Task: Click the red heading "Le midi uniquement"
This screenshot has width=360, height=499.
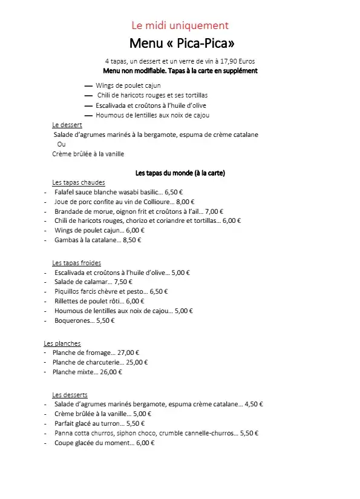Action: [x=180, y=25]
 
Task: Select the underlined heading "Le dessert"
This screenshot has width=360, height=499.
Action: [x=67, y=125]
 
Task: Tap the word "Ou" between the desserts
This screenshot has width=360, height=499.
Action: [x=61, y=144]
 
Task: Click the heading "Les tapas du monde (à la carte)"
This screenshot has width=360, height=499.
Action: [x=180, y=173]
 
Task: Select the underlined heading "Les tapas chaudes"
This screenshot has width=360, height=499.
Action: [x=79, y=182]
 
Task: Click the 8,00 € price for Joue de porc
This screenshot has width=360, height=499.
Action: [x=186, y=202]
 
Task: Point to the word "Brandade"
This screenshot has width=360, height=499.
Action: [x=68, y=211]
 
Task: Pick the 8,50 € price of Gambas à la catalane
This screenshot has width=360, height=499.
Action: [x=132, y=240]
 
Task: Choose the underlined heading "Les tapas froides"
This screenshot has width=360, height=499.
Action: [x=77, y=263]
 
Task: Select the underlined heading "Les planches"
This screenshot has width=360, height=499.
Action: [x=62, y=343]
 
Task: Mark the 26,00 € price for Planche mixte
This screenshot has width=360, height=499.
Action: [x=111, y=372]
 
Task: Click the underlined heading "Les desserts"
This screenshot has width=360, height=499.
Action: [x=70, y=394]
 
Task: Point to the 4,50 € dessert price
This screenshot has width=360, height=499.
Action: [x=254, y=404]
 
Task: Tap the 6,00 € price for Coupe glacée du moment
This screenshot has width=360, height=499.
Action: [x=145, y=443]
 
